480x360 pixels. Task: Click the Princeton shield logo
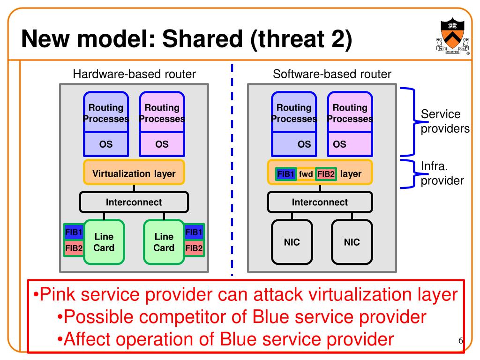pos(452,36)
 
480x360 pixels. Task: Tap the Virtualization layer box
pos(134,172)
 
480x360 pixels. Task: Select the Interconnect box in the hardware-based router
pos(134,202)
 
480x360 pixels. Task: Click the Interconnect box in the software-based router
pos(320,202)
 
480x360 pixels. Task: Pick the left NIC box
pos(292,242)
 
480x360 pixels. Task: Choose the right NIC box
pos(352,242)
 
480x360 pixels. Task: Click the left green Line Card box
pos(104,242)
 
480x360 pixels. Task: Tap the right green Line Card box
pos(164,242)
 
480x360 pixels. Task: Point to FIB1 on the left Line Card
pos(74,232)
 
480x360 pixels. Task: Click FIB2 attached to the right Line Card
pos(194,248)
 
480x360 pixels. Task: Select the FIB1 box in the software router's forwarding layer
pos(285,174)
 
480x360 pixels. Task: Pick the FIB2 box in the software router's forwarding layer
pos(326,174)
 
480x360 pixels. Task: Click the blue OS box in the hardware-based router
pos(106,144)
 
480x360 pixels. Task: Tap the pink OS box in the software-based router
pos(350,144)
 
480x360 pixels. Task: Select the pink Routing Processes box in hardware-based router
pos(162,112)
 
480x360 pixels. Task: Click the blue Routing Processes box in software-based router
pos(294,112)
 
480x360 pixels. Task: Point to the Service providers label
pos(445,121)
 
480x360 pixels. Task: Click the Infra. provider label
pos(442,173)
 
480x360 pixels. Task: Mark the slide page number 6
pos(461,340)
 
